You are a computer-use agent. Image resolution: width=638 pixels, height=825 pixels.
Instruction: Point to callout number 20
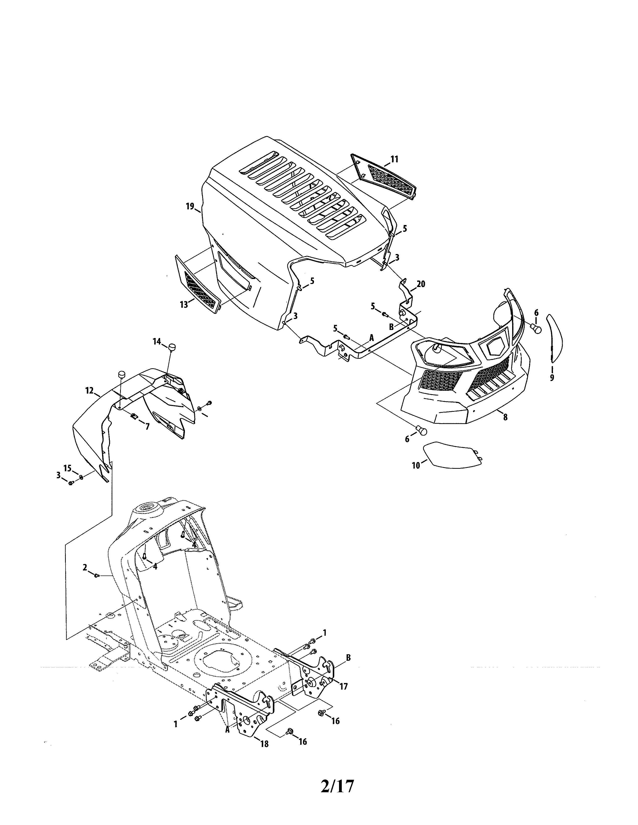[x=421, y=284]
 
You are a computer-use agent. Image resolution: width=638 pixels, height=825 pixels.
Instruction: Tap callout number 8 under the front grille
[x=505, y=417]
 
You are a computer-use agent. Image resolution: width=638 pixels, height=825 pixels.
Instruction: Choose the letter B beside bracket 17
[x=348, y=658]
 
